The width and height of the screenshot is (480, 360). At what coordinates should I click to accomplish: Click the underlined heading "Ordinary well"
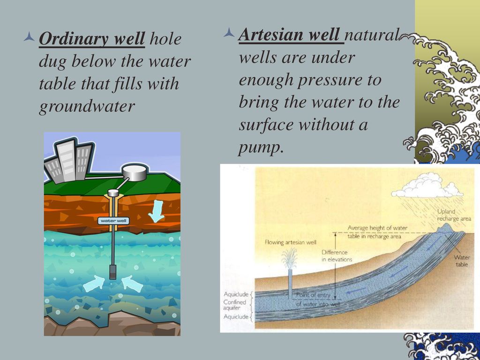[92, 39]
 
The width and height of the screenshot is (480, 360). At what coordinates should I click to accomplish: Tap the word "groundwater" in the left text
[87, 107]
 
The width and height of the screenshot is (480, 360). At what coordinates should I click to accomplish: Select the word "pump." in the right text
[260, 148]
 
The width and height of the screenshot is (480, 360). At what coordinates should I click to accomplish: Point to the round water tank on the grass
[135, 172]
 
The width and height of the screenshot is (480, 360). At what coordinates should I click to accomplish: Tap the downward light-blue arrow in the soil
[156, 211]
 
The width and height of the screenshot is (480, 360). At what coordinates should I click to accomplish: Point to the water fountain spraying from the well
[290, 259]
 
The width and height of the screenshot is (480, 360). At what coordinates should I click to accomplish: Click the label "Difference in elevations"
[337, 256]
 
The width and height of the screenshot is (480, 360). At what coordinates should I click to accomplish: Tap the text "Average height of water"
[377, 228]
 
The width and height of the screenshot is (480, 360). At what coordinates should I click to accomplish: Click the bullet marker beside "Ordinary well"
[30, 37]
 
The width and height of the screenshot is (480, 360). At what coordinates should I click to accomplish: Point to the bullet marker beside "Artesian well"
[229, 32]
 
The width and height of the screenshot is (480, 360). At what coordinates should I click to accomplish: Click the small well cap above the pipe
[113, 193]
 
